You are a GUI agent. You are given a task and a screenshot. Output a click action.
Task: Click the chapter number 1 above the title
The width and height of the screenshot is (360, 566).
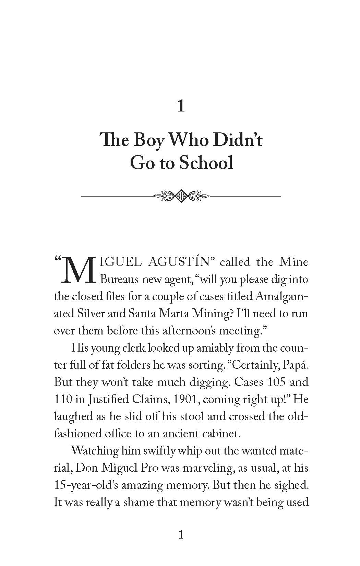(181, 107)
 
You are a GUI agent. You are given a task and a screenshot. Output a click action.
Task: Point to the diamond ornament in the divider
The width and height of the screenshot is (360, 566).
(180, 196)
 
